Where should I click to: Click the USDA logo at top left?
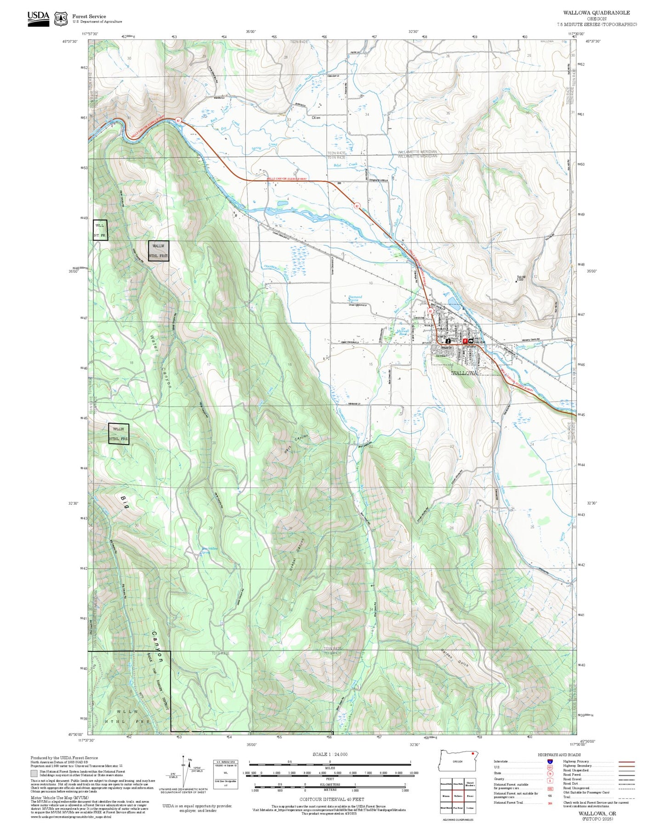pyautogui.click(x=38, y=18)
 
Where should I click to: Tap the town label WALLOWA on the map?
pyautogui.click(x=465, y=373)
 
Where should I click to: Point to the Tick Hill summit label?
pyautogui.click(x=521, y=278)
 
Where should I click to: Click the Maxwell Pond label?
pyautogui.click(x=403, y=332)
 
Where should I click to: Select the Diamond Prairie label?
pyautogui.click(x=355, y=299)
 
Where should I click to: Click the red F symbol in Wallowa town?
pyautogui.click(x=465, y=341)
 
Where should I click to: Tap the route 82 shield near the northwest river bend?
pyautogui.click(x=178, y=121)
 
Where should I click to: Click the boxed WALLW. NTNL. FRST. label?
pyautogui.click(x=159, y=251)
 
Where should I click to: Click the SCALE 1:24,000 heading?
pyautogui.click(x=329, y=754)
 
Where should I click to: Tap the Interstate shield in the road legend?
pyautogui.click(x=550, y=762)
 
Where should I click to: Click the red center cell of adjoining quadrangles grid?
pyautogui.click(x=458, y=795)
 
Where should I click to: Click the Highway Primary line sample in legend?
pyautogui.click(x=626, y=762)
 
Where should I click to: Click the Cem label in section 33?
pyautogui.click(x=316, y=118)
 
